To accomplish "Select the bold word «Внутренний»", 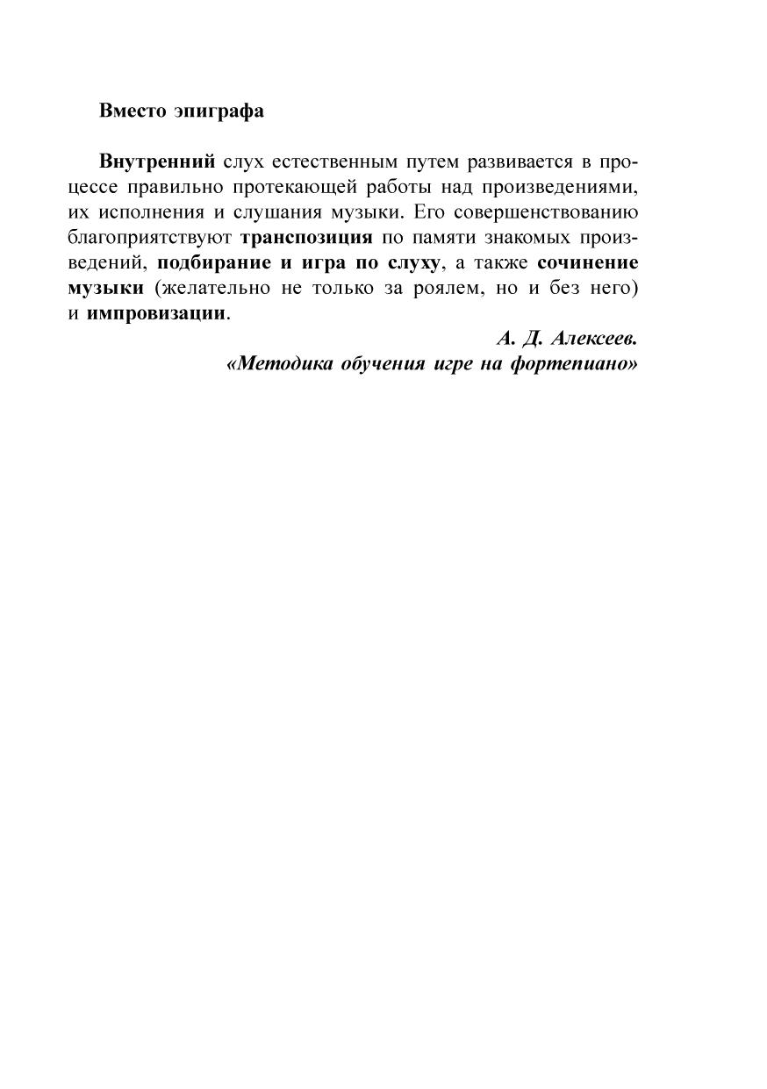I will click(157, 162).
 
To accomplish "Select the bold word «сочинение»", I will click(588, 263).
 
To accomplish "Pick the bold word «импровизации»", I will click(156, 314).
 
